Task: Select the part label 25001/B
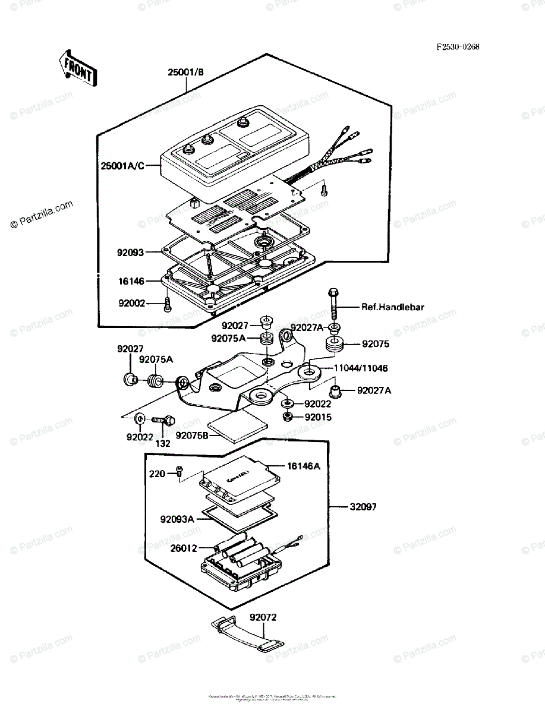coord(185,73)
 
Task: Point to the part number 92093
coord(130,252)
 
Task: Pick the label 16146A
coord(304,466)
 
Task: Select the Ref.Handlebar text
coord(393,307)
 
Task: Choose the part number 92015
coord(318,417)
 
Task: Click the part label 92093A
coord(177,519)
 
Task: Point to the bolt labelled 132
coord(163,419)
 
